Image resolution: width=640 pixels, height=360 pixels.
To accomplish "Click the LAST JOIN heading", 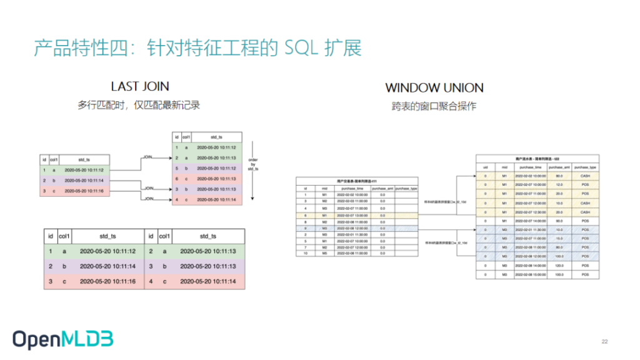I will tap(139, 86).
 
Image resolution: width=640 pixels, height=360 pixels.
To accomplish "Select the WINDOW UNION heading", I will tap(434, 88).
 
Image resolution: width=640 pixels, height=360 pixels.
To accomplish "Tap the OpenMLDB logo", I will tap(62, 339).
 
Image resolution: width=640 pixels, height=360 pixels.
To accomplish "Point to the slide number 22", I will tap(604, 341).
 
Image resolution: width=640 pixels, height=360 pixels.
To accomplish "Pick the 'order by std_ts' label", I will tap(252, 164).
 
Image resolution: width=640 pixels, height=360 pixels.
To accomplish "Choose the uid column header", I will tap(486, 167).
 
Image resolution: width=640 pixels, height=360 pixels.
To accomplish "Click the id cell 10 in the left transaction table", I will tap(306, 254).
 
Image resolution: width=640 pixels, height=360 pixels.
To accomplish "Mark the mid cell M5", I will tap(324, 254).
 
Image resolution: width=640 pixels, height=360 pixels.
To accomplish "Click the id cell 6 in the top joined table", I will tap(177, 178).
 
